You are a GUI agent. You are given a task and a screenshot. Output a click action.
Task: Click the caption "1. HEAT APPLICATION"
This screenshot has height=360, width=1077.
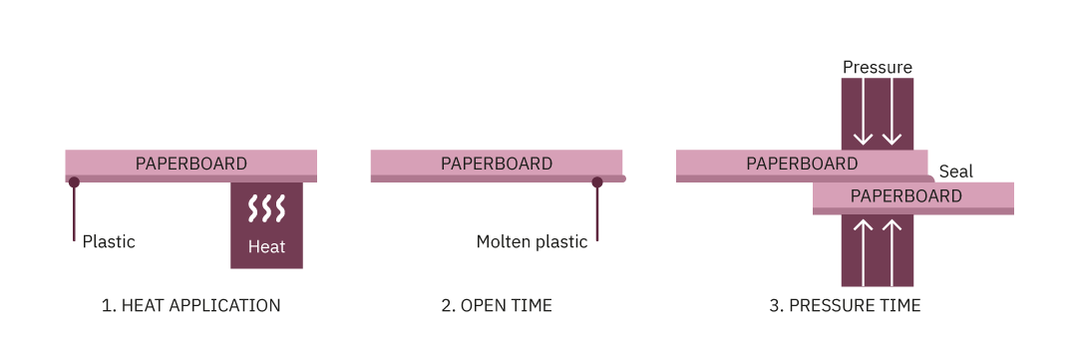pos(190,306)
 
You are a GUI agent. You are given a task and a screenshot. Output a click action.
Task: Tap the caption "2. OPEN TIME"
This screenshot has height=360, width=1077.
pos(496,306)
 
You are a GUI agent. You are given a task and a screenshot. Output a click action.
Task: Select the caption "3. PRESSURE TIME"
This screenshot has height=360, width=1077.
pos(845,306)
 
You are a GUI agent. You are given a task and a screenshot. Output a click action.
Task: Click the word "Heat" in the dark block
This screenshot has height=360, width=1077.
pos(266,246)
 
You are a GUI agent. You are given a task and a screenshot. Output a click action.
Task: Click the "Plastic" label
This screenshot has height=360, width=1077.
pos(109,241)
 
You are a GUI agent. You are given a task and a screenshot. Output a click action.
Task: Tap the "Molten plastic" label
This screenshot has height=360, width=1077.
pos(532,241)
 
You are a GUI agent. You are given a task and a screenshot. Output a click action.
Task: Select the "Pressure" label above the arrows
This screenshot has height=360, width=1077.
pos(878,68)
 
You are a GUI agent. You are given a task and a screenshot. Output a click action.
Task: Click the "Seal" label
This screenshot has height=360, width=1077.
pos(956,172)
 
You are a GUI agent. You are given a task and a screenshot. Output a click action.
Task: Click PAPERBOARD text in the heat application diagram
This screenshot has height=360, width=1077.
pos(191,164)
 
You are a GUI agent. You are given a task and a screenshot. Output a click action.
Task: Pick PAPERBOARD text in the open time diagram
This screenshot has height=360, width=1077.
pos(497,164)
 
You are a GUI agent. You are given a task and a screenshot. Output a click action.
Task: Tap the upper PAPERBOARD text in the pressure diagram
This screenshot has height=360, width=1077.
pos(802,164)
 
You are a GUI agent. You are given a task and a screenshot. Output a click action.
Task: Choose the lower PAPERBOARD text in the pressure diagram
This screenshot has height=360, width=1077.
pos(906,196)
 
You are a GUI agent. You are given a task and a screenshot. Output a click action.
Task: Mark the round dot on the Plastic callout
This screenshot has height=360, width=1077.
pos(74,182)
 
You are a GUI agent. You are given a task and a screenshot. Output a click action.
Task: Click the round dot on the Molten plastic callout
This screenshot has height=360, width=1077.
pos(597,182)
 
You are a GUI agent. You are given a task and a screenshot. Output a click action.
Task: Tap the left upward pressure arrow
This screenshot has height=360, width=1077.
pos(864,249)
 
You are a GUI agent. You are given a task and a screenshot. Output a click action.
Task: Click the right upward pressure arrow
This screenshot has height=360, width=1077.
pos(893,249)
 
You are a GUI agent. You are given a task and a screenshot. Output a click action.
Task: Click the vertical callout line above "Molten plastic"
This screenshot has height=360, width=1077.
pos(597,214)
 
